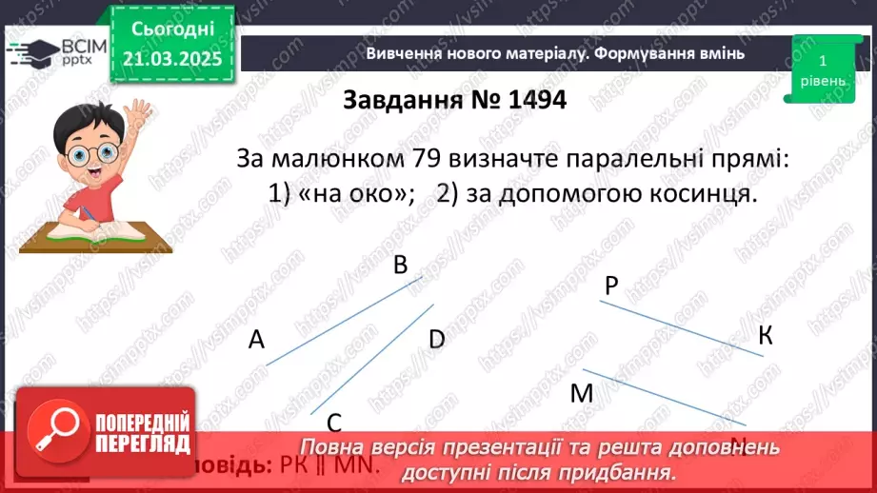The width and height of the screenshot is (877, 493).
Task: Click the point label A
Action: coord(256,340)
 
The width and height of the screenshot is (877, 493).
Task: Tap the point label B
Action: coord(401,265)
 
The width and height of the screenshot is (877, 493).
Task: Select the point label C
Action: coord(334,423)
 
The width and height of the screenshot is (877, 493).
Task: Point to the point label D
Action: coord(437,339)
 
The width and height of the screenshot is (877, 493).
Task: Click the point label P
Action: coord(611,285)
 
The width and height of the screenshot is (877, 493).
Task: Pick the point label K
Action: coord(766,335)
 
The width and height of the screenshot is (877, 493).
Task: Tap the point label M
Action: coord(581,393)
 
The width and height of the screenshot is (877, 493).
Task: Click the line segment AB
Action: coord(343,321)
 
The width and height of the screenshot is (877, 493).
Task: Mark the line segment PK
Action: coord(681,328)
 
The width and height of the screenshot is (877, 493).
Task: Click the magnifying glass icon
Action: coord(54,433)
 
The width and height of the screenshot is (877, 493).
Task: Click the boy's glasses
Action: coord(81,152)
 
